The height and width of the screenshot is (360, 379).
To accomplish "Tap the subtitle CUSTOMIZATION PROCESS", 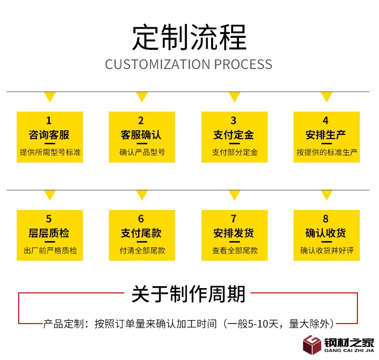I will click(x=189, y=64).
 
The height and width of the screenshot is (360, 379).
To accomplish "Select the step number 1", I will click(x=49, y=120).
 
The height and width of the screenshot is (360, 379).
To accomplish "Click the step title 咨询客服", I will click(x=49, y=135).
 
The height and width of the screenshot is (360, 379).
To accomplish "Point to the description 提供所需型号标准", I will click(x=50, y=152).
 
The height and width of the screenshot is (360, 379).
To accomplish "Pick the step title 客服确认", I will click(x=141, y=135).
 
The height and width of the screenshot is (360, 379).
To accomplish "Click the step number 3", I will click(x=234, y=120).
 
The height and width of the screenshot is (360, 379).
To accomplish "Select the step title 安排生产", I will click(x=326, y=135).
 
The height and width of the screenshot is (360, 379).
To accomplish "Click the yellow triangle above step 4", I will click(x=326, y=97).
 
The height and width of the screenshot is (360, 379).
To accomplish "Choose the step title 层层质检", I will click(x=49, y=233).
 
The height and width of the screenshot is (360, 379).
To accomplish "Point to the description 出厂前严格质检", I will click(x=50, y=250).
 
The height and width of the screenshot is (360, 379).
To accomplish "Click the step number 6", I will click(x=141, y=219).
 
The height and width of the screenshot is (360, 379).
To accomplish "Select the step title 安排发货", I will click(x=234, y=233).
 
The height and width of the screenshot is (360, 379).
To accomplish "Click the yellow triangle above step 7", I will click(x=234, y=195).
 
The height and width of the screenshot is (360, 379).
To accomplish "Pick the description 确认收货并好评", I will click(x=327, y=250).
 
